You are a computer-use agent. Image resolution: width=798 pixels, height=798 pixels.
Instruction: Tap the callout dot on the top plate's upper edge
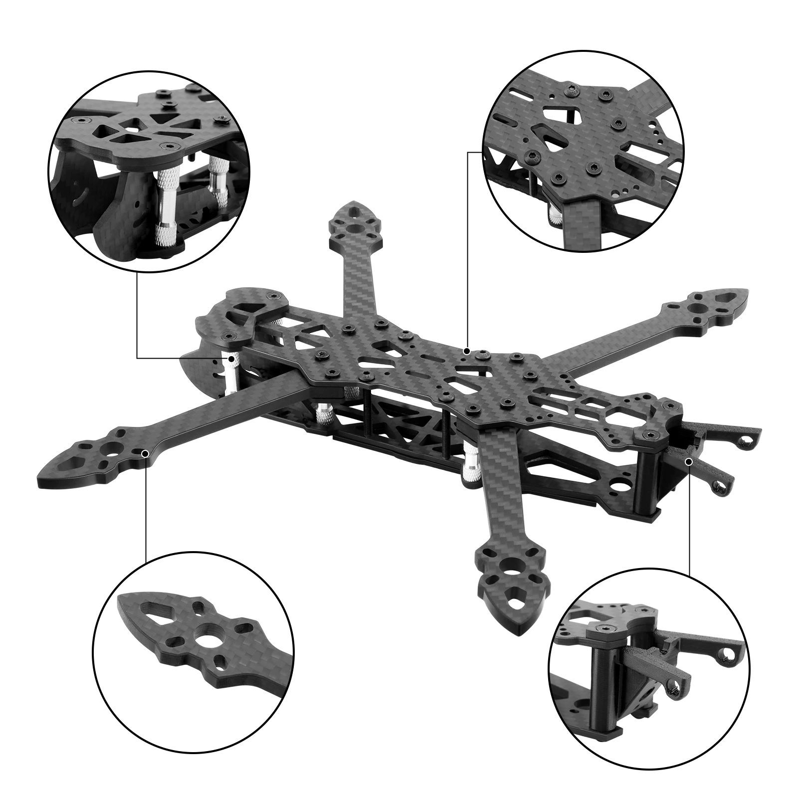467,351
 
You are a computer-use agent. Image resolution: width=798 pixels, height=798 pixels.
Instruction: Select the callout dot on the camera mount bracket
689,462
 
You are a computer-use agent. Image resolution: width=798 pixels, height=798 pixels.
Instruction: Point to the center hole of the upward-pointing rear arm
355,228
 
